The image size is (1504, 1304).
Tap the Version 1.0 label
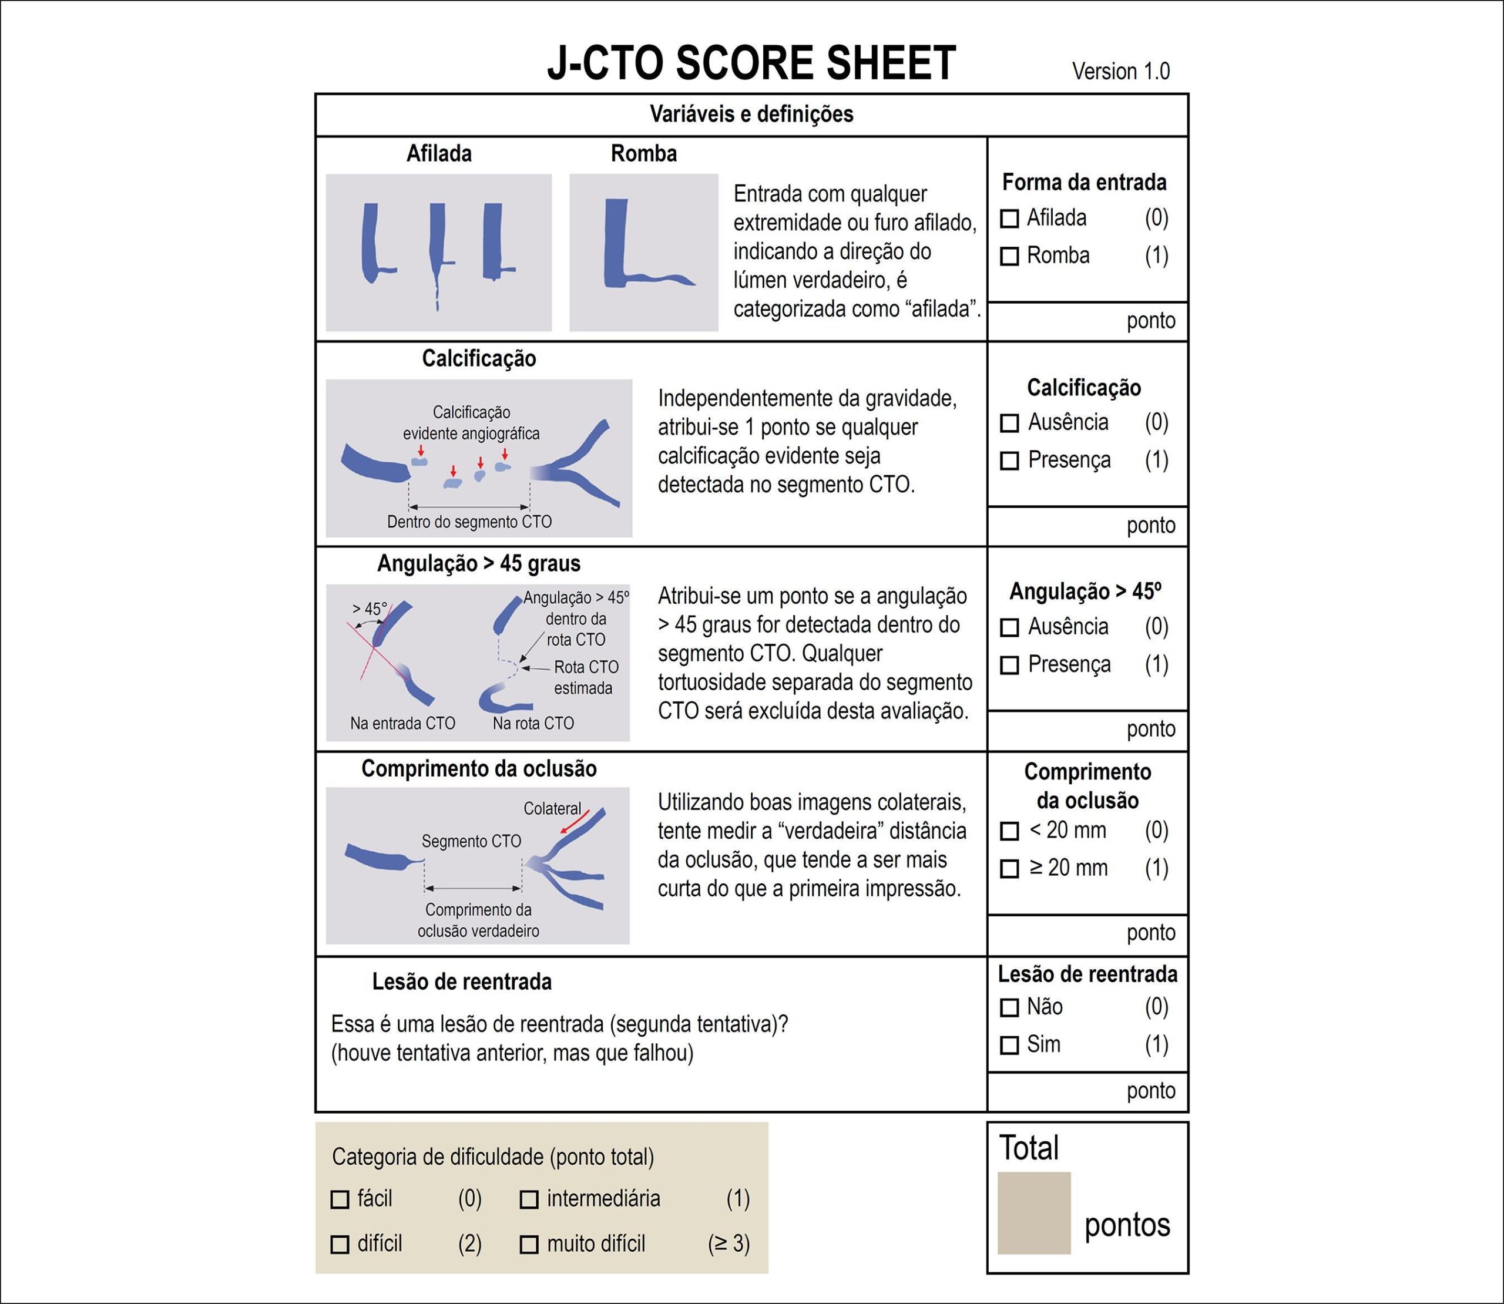pos(1120,71)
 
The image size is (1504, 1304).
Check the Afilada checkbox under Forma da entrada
pos(1009,219)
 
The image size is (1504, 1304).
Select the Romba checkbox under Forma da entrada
pos(1009,256)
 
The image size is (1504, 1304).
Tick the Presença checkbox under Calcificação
pos(1009,461)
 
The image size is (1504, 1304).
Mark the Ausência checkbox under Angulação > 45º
pos(1009,627)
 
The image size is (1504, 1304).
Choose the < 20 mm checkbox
pos(1009,831)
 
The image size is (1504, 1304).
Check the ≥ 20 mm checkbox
pos(1009,869)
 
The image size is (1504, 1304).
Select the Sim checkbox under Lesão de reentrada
pos(1009,1046)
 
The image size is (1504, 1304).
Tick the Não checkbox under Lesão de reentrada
pos(1009,1008)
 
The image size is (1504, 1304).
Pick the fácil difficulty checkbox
pos(340,1199)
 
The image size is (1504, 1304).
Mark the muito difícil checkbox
pos(529,1244)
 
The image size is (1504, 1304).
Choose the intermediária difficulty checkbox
pos(529,1199)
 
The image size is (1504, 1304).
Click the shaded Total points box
pos(1034,1212)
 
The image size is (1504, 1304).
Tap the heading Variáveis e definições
pos(751,114)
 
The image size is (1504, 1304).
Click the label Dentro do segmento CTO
pos(469,522)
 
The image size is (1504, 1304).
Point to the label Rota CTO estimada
pos(585,677)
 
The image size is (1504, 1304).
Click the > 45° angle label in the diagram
pos(370,609)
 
